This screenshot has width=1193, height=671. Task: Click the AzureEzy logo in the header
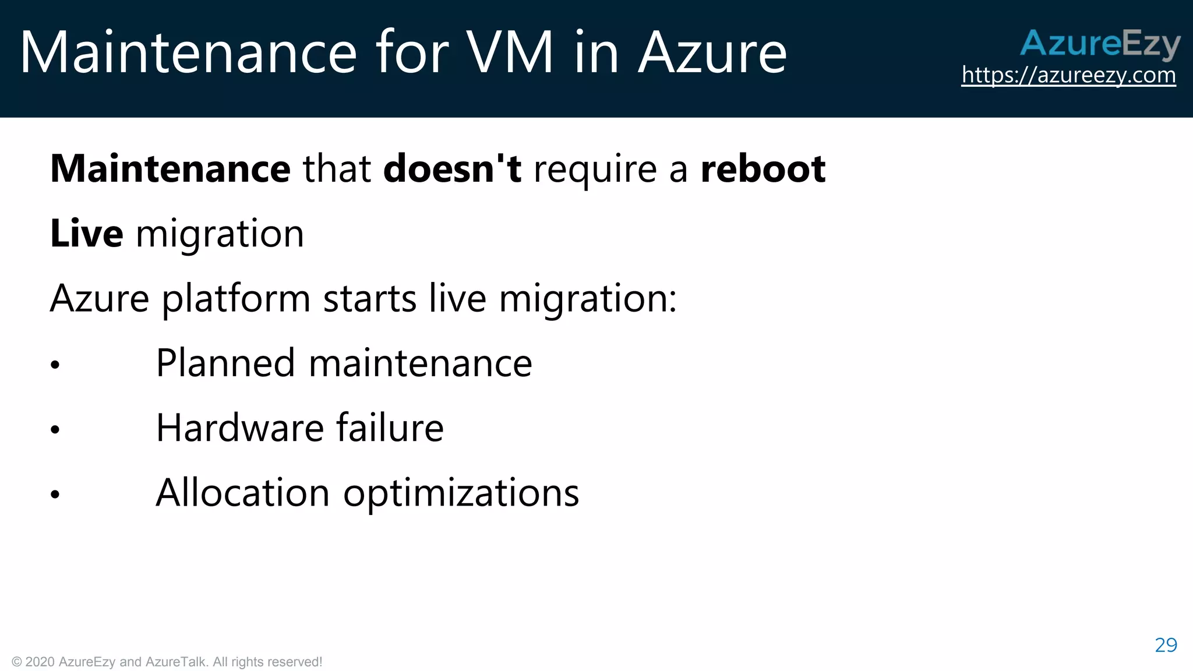click(x=1100, y=44)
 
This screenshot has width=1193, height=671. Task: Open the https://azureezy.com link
click(x=1068, y=75)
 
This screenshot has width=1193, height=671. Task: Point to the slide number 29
click(x=1166, y=645)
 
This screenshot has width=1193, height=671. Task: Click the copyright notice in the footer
click(x=167, y=662)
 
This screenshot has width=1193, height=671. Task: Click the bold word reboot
click(x=763, y=169)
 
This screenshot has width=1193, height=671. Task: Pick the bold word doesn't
click(x=452, y=169)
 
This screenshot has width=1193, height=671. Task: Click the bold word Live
click(x=87, y=234)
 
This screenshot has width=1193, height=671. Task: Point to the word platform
click(x=236, y=299)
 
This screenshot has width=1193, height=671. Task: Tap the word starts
click(x=370, y=298)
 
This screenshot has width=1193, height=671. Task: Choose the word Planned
click(x=225, y=363)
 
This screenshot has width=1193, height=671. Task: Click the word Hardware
click(x=239, y=428)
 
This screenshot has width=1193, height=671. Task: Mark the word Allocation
click(x=243, y=493)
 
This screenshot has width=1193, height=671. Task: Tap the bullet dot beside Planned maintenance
click(x=55, y=365)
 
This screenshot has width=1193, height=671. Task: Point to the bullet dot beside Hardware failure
click(x=55, y=430)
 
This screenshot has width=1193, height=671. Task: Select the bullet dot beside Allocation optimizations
click(x=55, y=495)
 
